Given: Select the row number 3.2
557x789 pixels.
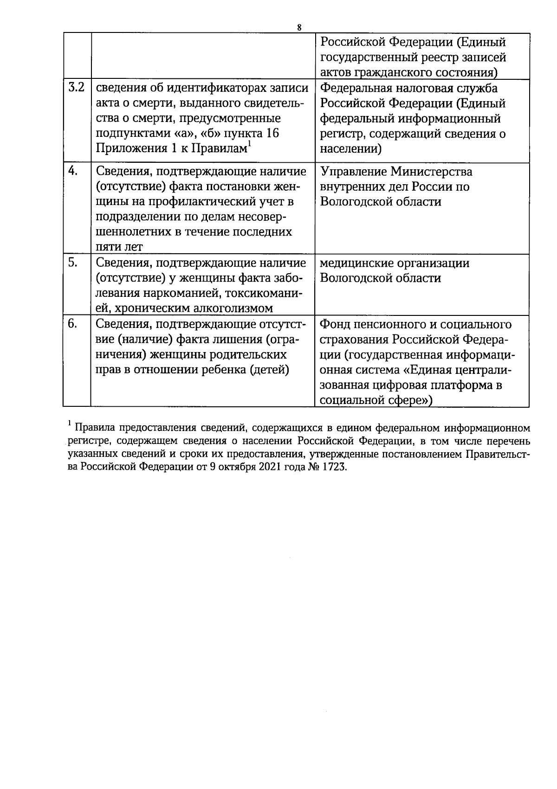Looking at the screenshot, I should (76, 88).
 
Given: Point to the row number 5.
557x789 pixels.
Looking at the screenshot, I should (73, 262).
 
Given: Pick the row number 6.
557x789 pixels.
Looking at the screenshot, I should (73, 323).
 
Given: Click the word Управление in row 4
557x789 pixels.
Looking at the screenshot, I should (353, 172).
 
